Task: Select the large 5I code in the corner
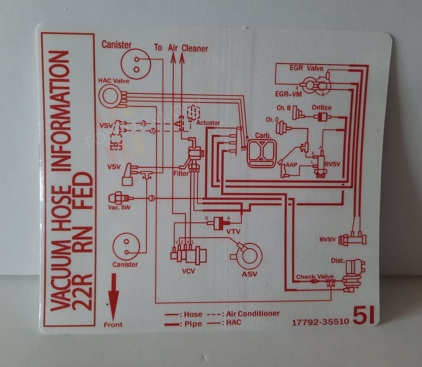(363, 316)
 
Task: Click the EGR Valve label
(306, 68)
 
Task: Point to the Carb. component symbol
(262, 154)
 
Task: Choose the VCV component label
(188, 271)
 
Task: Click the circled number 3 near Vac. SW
(151, 199)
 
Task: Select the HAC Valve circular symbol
(110, 96)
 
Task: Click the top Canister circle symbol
(136, 63)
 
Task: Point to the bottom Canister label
(125, 264)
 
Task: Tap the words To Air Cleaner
(181, 48)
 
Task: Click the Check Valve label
(314, 276)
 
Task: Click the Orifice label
(321, 108)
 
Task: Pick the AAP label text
(291, 164)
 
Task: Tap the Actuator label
(208, 123)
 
